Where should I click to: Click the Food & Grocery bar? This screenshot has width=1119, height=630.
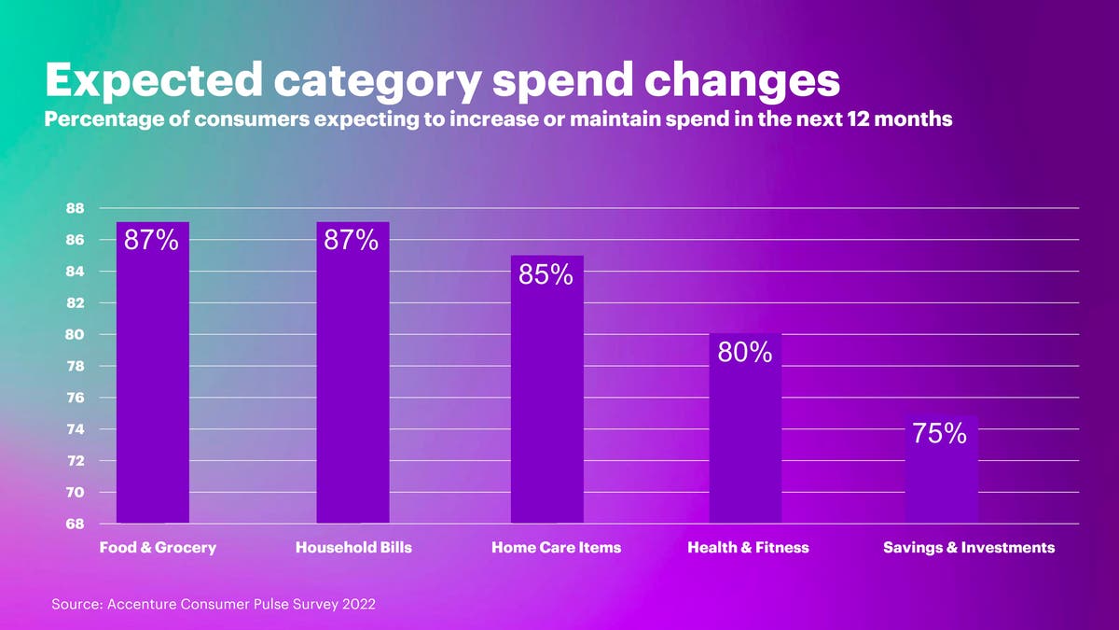point(153,392)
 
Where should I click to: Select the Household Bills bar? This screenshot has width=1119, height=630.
point(352,392)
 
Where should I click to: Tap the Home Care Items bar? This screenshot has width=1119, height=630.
point(547,401)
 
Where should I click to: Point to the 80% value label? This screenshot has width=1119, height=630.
point(745,353)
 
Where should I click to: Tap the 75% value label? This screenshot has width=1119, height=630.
point(941,434)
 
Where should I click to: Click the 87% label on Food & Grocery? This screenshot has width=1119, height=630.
point(151,240)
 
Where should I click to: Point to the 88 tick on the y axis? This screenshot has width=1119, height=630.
point(76,208)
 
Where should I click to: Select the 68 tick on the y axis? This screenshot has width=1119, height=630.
point(76,524)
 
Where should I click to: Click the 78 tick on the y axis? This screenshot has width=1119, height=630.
point(76,366)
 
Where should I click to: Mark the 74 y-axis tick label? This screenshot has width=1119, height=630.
point(76,429)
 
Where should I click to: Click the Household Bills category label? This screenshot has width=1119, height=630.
point(352,548)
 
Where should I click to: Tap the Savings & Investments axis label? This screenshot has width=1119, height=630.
point(969,548)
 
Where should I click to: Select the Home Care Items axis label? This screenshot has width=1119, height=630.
point(556,548)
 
